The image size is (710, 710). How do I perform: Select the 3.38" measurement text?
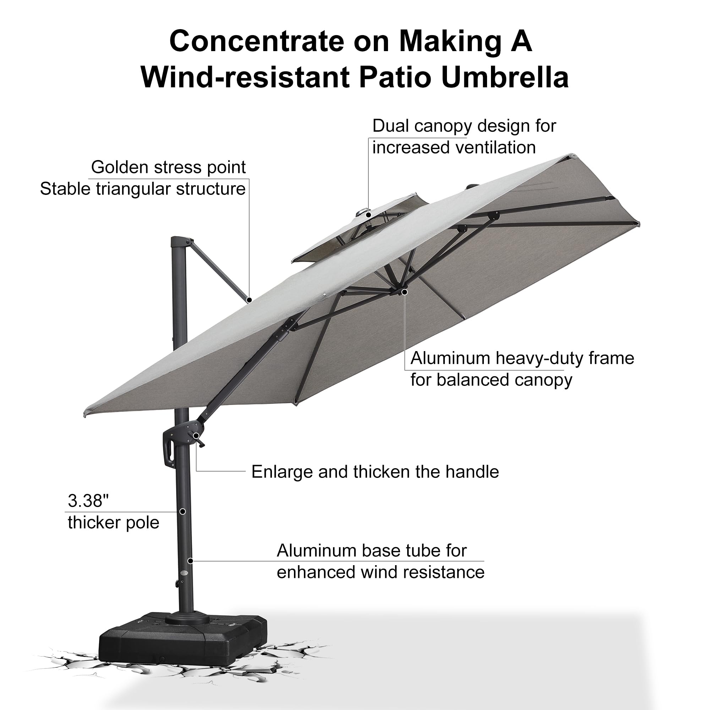(x=88, y=501)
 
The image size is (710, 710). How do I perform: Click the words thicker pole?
(x=114, y=523)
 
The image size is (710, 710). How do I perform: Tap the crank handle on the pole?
(x=199, y=439)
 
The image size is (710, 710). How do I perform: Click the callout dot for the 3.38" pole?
(x=182, y=512)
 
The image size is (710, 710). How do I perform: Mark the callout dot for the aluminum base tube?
(x=190, y=561)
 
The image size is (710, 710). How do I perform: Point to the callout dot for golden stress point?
(x=249, y=300)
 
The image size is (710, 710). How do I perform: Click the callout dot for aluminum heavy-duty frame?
(x=405, y=292)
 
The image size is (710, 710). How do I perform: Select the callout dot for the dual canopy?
(x=368, y=215)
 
